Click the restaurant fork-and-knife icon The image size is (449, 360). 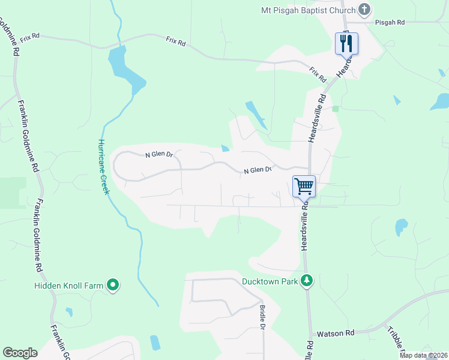346,43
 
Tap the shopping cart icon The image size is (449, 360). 304,186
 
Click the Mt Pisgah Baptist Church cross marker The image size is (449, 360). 363,10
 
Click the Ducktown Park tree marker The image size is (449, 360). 307,281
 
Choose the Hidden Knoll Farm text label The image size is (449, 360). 69,286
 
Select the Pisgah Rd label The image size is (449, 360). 390,22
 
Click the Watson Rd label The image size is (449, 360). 336,332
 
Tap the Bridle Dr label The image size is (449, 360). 262,317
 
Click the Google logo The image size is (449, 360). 20,353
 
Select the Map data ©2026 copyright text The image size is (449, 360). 423,355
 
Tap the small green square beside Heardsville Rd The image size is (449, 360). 336,109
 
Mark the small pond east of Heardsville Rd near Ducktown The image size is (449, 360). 400,227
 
